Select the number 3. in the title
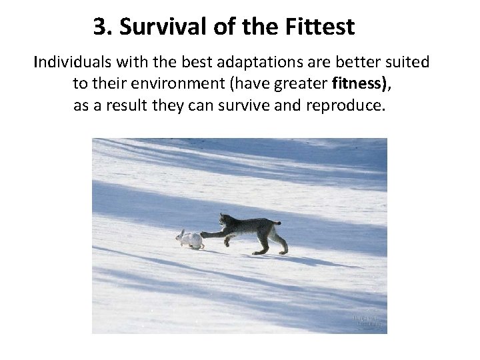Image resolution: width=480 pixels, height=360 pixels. [101, 27]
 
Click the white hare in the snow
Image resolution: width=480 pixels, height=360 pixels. [191, 239]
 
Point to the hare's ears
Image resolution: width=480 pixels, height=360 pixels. [180, 232]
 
